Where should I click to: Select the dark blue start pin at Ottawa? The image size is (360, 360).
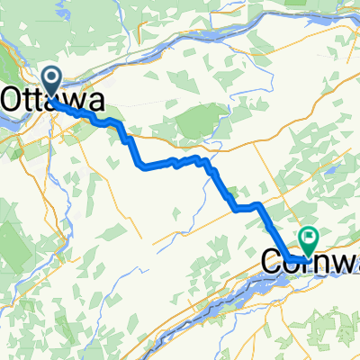(x=53, y=81)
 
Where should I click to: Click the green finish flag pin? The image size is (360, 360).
(x=310, y=239)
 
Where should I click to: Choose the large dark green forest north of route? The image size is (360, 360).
(x=202, y=121)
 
